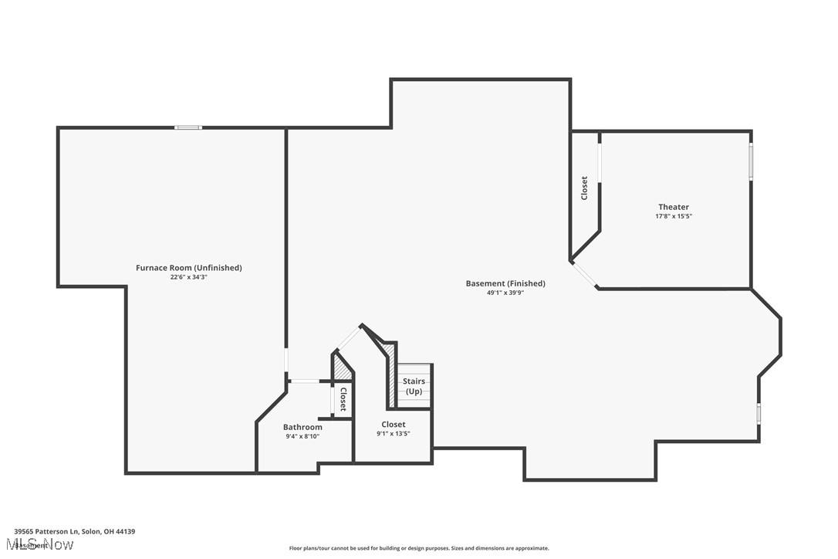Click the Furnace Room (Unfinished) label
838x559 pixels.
coord(189,268)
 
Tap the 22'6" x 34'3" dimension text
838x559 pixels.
coord(189,277)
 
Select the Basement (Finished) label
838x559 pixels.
coord(505,283)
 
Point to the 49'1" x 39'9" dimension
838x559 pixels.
coord(505,293)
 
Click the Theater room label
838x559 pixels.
coord(674,207)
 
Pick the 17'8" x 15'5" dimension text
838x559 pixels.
coord(674,216)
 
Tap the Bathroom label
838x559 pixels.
coord(302,427)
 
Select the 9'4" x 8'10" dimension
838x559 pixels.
coord(302,436)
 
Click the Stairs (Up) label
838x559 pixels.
coord(414,386)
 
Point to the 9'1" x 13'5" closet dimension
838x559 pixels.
coord(393,433)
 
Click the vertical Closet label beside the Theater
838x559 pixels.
coord(584,188)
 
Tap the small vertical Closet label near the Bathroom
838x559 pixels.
coord(343,399)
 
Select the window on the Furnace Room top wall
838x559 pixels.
coord(188,127)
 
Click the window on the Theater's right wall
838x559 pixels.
coord(751,163)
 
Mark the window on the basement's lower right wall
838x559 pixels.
coord(759,413)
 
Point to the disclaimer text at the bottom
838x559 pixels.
coord(419,548)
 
